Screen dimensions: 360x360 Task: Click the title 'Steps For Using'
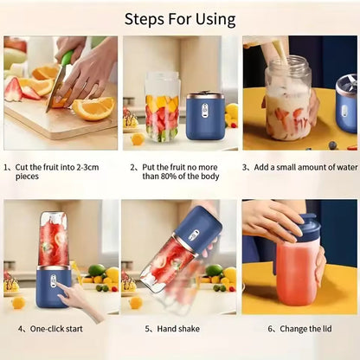coord(180,18)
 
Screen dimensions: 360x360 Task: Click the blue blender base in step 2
coord(205,117)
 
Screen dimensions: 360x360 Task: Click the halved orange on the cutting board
coord(93,109)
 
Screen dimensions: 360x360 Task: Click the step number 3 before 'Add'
coord(247,167)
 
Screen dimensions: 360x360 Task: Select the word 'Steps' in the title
coord(143,18)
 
